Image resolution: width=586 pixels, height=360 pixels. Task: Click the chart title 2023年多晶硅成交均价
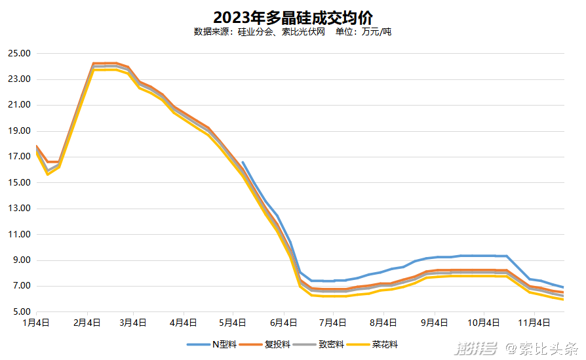[x=293, y=16]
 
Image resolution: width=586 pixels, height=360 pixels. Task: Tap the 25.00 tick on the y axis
[x=20, y=54]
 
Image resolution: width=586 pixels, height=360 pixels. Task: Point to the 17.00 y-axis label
[x=20, y=157]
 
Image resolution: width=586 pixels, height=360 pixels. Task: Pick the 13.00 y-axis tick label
[x=20, y=209]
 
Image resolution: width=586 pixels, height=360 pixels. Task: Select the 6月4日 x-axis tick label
[x=283, y=323]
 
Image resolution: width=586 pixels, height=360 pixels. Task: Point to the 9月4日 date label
[x=434, y=323]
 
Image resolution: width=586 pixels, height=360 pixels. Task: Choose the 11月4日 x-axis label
[x=534, y=323]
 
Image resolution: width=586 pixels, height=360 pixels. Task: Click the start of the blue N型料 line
[x=243, y=162]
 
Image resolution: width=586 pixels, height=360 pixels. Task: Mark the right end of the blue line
[x=563, y=287]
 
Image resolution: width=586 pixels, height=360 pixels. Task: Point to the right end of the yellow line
[x=563, y=299]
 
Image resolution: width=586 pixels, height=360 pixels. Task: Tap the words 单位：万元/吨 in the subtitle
[x=363, y=31]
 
